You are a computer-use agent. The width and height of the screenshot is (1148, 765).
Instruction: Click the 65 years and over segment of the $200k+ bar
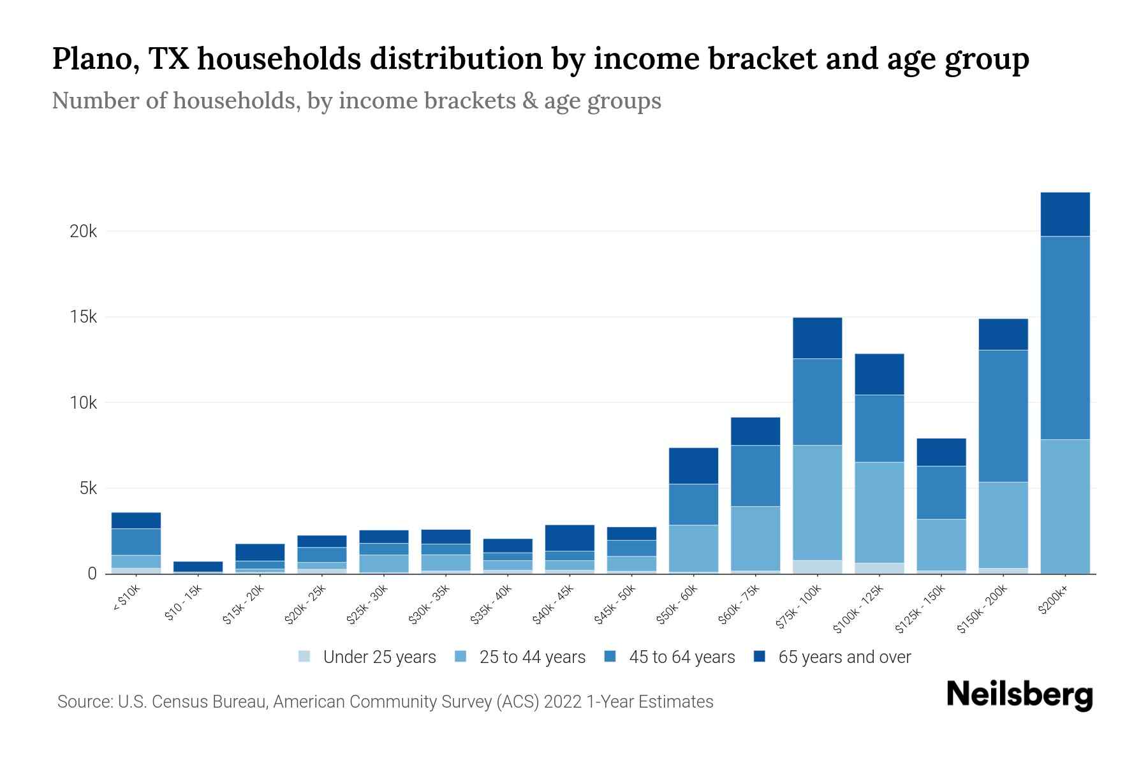click(x=1065, y=214)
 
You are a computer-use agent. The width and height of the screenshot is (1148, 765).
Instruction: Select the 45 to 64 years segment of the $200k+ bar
click(x=1065, y=338)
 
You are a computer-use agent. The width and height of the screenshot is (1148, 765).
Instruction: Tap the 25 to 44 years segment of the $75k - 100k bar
click(x=817, y=502)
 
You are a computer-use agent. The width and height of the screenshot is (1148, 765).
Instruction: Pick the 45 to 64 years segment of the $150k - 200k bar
click(x=1003, y=416)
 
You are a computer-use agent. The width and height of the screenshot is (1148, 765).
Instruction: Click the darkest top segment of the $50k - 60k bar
click(x=693, y=465)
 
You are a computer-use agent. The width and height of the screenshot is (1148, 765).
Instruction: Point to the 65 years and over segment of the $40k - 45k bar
click(x=570, y=537)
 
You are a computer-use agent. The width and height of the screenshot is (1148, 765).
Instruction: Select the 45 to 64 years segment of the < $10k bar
click(x=136, y=542)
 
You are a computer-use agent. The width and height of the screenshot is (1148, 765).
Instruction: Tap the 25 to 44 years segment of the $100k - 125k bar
click(x=879, y=512)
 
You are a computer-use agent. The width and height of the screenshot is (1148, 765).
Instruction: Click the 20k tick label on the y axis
click(x=83, y=231)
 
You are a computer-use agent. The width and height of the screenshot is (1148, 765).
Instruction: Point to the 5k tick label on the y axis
click(x=88, y=489)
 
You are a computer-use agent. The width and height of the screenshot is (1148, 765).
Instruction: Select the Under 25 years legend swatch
click(x=305, y=657)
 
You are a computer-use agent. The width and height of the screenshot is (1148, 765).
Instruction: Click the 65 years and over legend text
click(x=844, y=657)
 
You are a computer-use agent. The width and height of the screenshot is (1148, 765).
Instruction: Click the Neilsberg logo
click(x=1019, y=695)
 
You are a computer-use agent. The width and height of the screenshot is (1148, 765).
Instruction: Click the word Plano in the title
click(x=96, y=59)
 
